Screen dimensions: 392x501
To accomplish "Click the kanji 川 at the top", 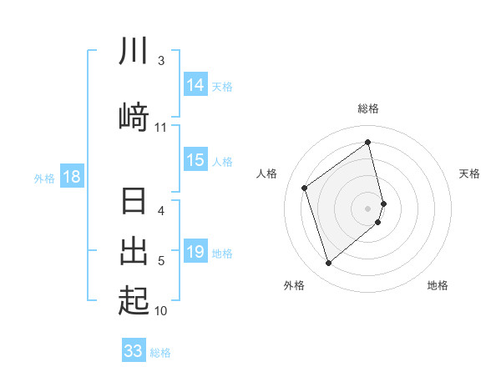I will point(134,51).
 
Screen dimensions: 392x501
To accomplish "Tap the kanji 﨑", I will point(134,118).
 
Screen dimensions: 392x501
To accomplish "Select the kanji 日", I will point(134,203).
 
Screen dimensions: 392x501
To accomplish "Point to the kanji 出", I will point(134,250).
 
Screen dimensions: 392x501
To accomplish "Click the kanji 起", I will point(134,299).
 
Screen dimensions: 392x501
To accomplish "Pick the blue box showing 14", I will point(195,85).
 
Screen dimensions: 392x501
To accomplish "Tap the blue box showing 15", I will point(195,160).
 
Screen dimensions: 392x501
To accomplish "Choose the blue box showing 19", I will point(195,252).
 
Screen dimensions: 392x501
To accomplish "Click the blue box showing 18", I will point(72,177).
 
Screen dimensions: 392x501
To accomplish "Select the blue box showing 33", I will point(134,351).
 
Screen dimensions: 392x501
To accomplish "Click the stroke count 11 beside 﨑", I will point(161,128).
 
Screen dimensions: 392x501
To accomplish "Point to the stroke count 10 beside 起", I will point(161,311).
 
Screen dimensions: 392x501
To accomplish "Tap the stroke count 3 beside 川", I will point(161,61).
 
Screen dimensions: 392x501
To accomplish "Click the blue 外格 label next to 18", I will point(44,178).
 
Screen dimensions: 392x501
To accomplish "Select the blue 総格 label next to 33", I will point(160,352).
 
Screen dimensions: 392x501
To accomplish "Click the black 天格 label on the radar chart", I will point(469,173).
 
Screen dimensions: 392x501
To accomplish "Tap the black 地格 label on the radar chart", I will point(438,285).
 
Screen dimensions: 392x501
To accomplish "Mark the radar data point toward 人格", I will point(305,188).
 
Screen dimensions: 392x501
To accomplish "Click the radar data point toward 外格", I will point(328,264).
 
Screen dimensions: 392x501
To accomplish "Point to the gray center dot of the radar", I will point(368,208).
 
